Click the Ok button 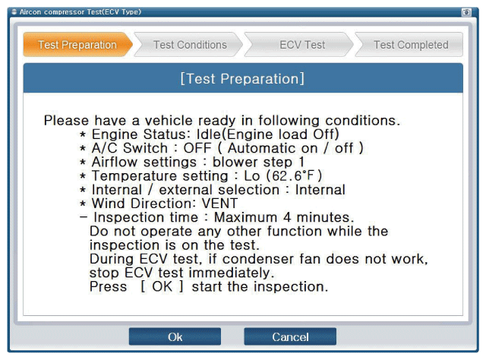[x=175, y=336]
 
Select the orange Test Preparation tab [x=77, y=45]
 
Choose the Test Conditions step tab [x=189, y=45]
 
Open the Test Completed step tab [x=410, y=45]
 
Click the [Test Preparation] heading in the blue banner [x=242, y=78]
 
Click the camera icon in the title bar [x=466, y=12]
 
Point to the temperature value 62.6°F [x=293, y=175]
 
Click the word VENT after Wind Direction [x=219, y=204]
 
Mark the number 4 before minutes [x=287, y=217]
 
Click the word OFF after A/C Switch [x=197, y=148]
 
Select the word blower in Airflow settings [x=235, y=162]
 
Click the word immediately [x=231, y=273]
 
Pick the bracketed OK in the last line [x=162, y=286]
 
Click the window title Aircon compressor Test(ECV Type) [x=80, y=12]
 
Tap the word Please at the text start [x=66, y=120]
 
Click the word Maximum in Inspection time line [x=245, y=217]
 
